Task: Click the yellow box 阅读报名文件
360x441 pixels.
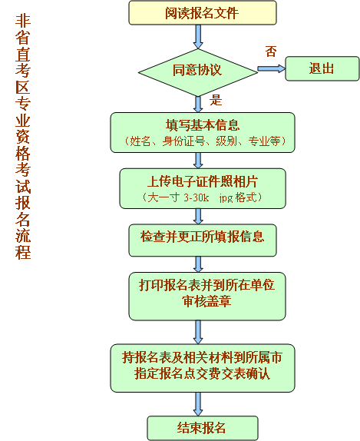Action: [203, 13]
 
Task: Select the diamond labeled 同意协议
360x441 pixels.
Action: [198, 72]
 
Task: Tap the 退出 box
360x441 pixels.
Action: [322, 68]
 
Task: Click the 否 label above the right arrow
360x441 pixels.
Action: [271, 51]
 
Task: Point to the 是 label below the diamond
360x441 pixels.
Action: [216, 100]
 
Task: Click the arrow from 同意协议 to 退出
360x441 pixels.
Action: [271, 68]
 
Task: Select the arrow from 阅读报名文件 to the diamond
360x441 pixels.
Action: [198, 37]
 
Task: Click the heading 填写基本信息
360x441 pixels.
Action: [203, 125]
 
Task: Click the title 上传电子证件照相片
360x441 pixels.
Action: [203, 181]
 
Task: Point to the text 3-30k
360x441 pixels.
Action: [197, 197]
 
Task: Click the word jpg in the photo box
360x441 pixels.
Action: [226, 198]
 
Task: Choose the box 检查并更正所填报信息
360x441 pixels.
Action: [203, 240]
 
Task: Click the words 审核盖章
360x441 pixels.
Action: [206, 301]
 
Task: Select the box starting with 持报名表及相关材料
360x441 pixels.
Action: [203, 368]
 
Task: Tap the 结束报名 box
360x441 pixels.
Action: [203, 428]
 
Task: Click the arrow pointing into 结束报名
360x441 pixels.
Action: [198, 404]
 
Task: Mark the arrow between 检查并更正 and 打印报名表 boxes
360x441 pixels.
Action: [198, 264]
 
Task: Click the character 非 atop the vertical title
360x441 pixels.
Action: [23, 21]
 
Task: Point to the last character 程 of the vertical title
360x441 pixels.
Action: [23, 252]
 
